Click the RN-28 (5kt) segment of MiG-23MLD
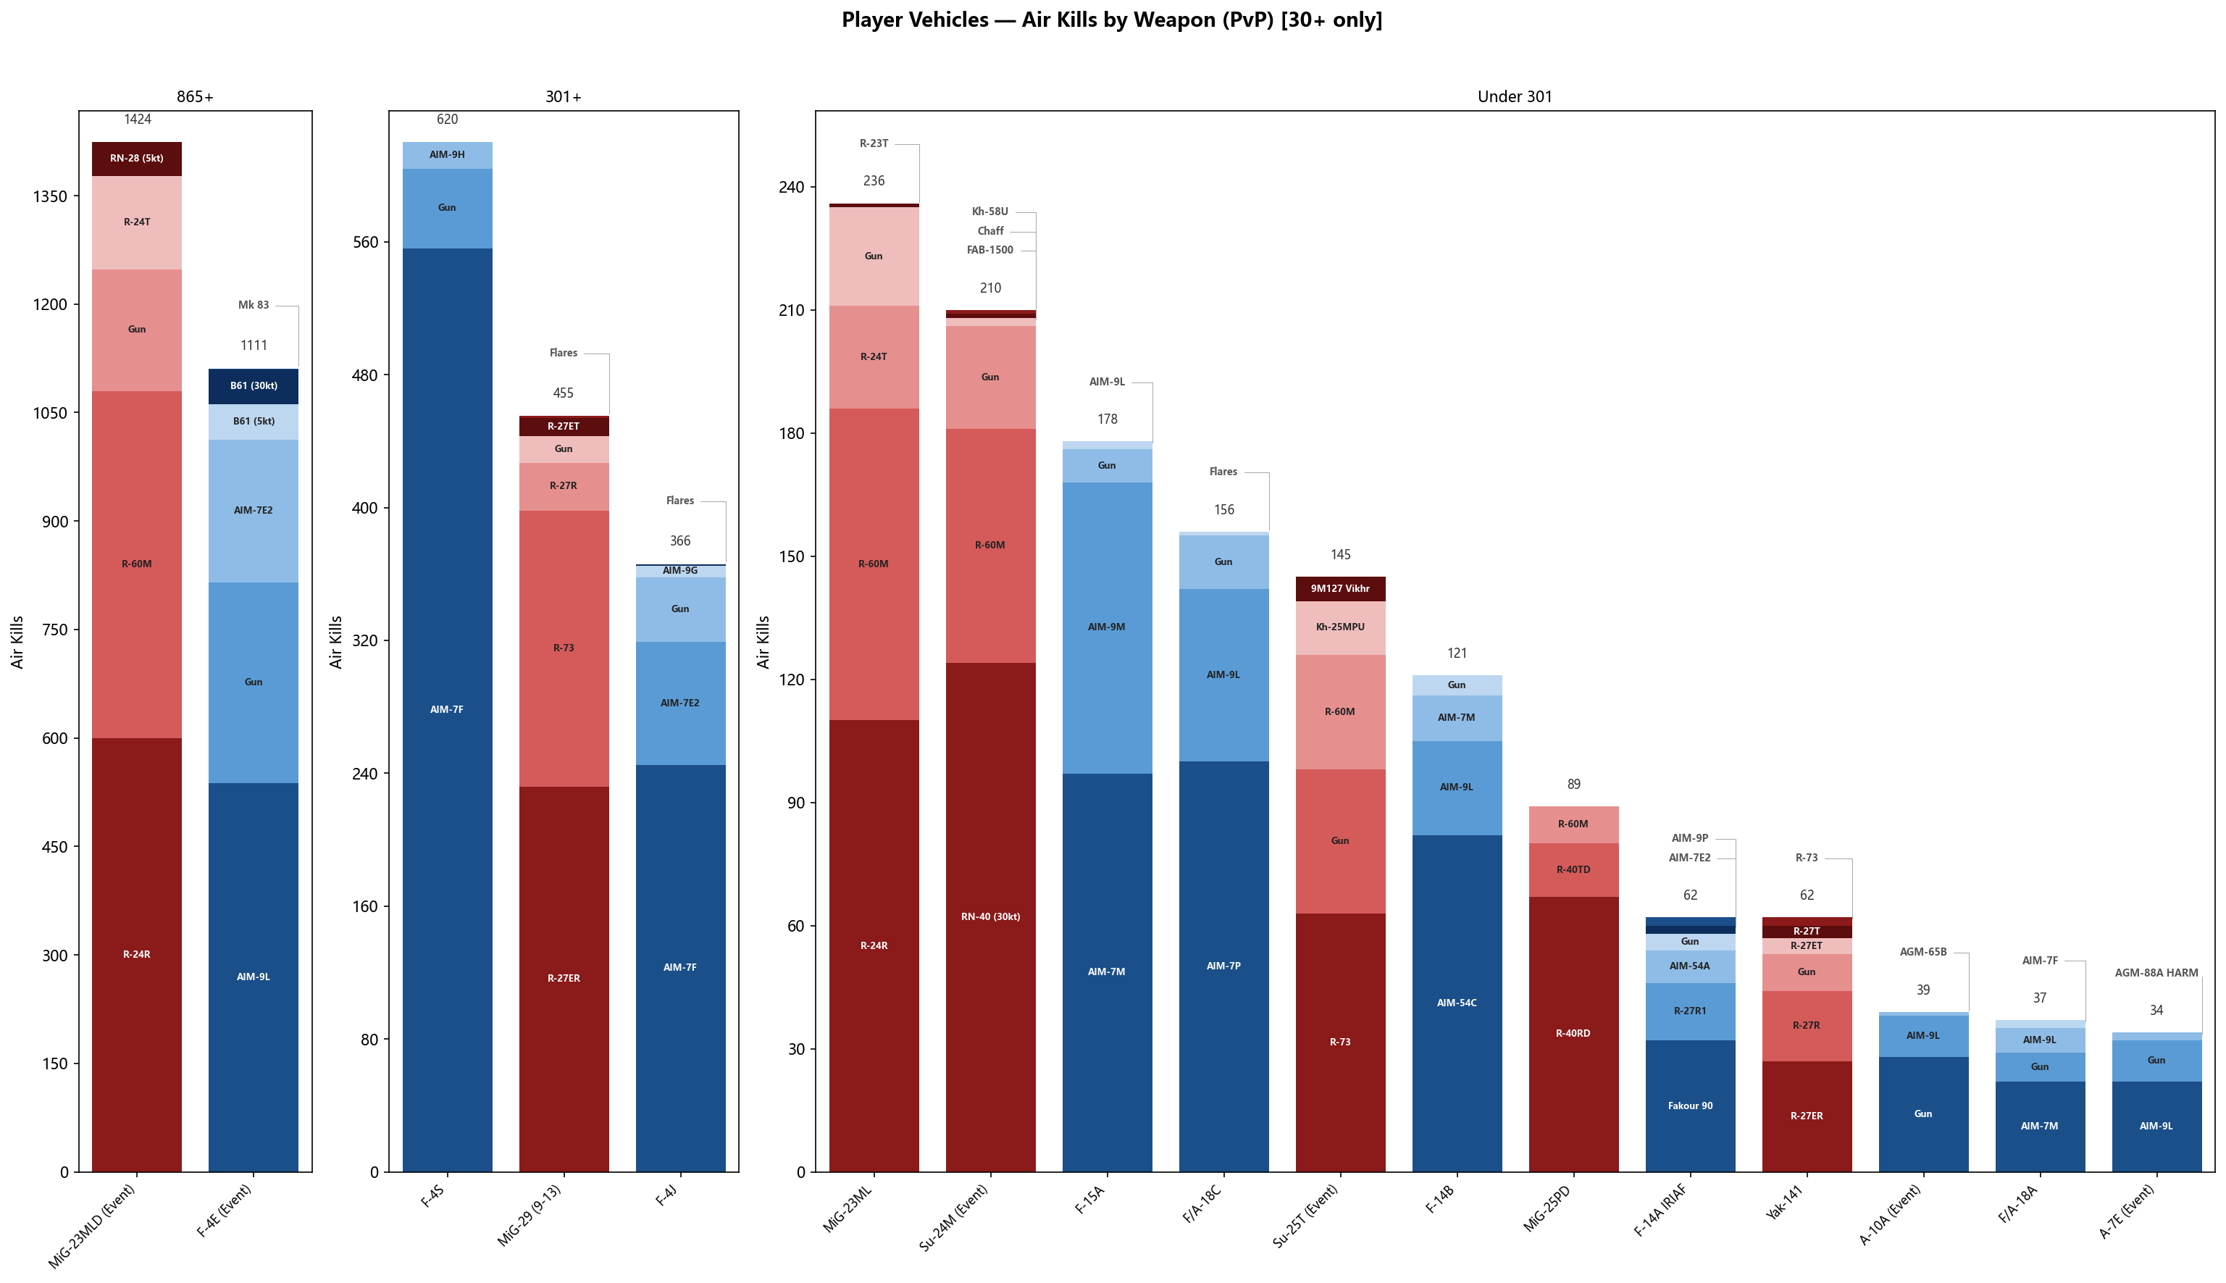tap(136, 159)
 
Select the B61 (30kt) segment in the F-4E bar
tap(254, 386)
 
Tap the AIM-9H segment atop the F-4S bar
tap(448, 155)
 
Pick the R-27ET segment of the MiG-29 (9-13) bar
tap(564, 427)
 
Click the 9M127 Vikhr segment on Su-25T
tap(1340, 589)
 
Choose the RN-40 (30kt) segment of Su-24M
tap(990, 916)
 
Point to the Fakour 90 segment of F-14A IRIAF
tap(1689, 1106)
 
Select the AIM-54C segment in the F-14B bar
tap(1456, 1003)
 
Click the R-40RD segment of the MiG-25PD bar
tap(1573, 1034)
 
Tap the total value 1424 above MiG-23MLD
tap(138, 120)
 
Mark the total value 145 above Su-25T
tap(1340, 555)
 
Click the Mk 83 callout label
tap(254, 306)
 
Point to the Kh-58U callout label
tap(990, 212)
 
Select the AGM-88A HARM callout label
tap(2156, 974)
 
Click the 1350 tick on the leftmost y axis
tap(50, 196)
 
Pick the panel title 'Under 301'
tap(1514, 97)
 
